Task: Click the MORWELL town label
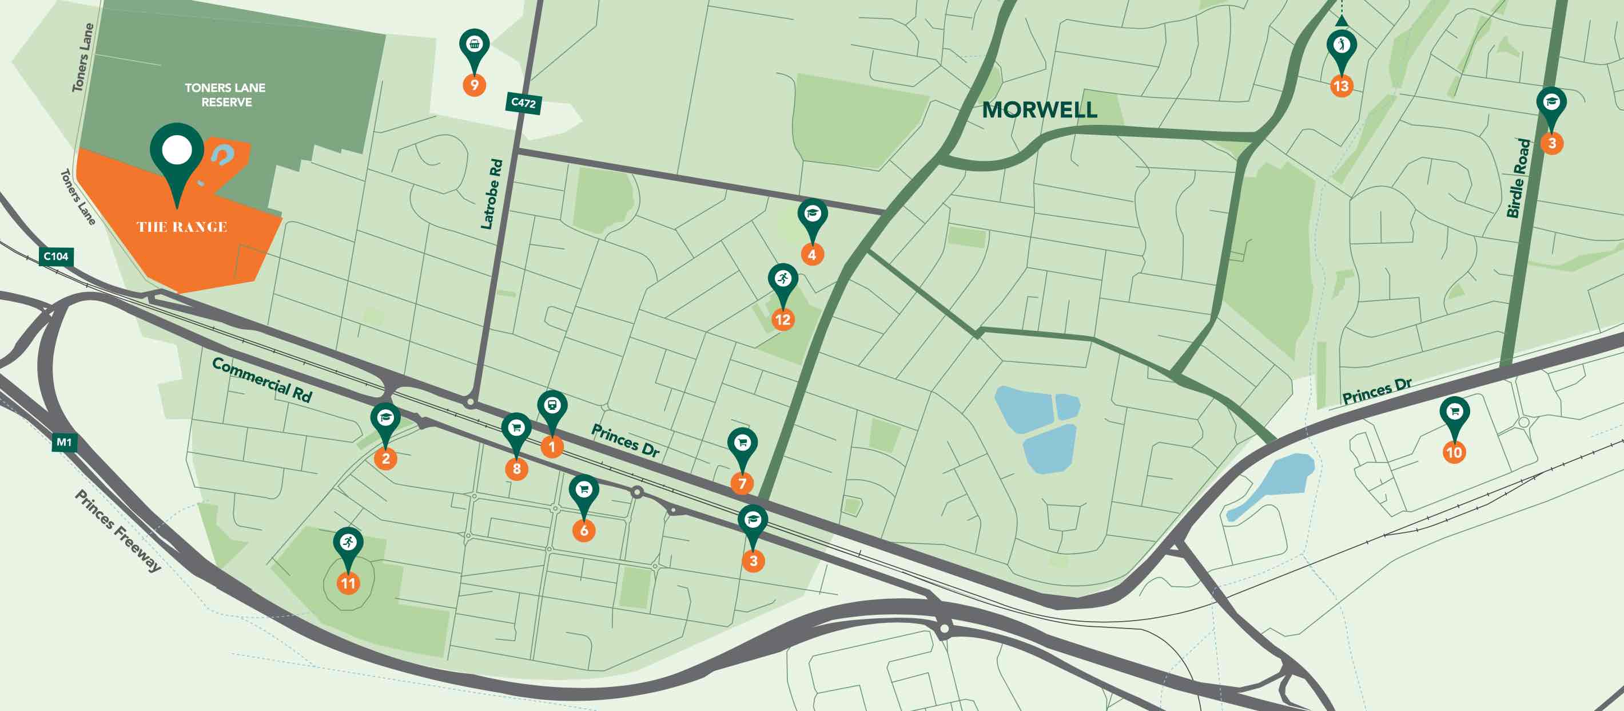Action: [1039, 110]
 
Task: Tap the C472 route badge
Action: [523, 102]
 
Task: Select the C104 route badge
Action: [55, 256]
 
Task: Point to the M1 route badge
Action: [64, 443]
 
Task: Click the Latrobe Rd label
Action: [492, 193]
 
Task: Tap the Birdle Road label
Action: [1518, 178]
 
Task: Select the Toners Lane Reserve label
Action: [225, 94]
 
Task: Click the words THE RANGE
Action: [182, 227]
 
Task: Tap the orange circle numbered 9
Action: [474, 85]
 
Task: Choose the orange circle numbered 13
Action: [1341, 86]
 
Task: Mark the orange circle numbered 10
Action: [1454, 452]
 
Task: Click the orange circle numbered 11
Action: [348, 582]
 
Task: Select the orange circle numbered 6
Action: [584, 530]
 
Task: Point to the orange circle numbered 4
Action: [812, 254]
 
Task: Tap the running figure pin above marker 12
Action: [782, 279]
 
